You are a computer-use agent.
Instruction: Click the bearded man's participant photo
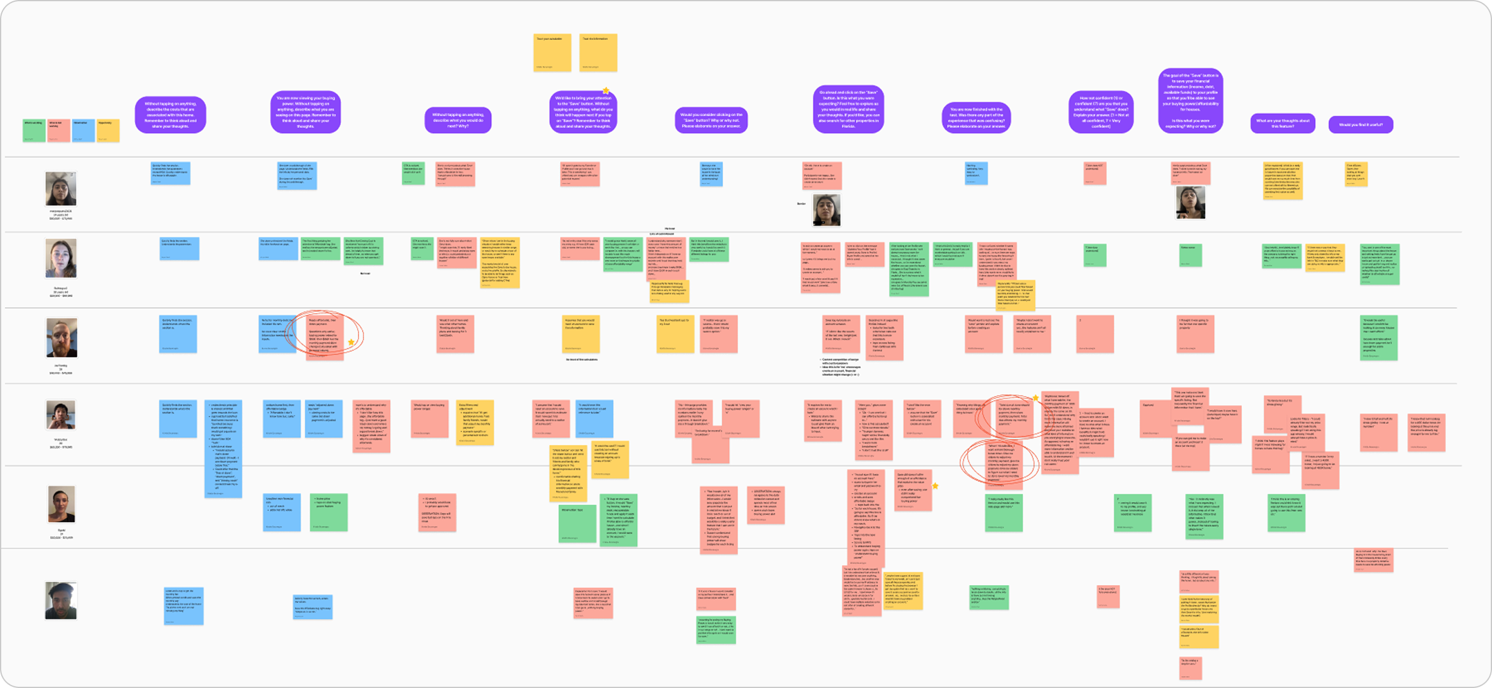[61, 337]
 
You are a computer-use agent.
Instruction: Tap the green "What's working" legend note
[34, 130]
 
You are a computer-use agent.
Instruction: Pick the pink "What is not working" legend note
[59, 130]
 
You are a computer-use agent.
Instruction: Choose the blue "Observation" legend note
[84, 130]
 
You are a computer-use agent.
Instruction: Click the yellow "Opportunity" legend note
[108, 130]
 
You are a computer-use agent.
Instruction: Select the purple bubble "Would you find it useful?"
[1361, 125]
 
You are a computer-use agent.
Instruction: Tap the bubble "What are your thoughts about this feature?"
[1282, 123]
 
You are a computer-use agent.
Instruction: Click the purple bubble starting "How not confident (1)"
[1101, 112]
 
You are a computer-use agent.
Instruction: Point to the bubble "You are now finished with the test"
[976, 117]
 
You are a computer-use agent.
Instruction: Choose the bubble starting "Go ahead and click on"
[848, 110]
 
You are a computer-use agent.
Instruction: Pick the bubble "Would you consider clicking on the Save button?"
[711, 120]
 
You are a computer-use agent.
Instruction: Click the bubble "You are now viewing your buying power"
[305, 112]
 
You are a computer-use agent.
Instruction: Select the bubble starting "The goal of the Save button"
[1190, 101]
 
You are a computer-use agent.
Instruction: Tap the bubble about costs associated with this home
[170, 114]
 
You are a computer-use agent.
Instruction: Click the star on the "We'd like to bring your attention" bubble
[606, 91]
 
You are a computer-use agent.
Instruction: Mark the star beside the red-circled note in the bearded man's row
[351, 342]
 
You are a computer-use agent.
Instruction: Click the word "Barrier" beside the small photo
[801, 203]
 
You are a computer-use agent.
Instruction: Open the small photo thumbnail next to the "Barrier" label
[826, 210]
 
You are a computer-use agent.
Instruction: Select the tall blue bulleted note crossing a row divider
[223, 448]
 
